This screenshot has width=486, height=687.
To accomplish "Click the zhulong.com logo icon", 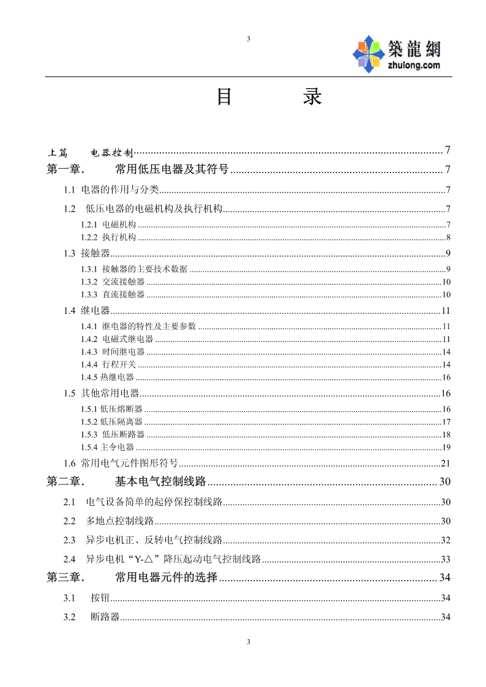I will click(369, 54).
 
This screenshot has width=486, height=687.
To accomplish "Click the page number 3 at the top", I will click(248, 39).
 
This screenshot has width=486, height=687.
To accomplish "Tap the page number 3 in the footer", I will click(248, 642).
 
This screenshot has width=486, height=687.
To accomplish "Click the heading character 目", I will click(225, 97).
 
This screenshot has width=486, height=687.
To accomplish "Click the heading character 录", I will click(312, 97).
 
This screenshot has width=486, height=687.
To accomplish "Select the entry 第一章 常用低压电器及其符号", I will click(138, 169).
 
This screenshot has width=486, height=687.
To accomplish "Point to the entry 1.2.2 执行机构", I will click(109, 237).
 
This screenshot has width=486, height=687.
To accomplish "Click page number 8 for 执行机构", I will click(449, 237).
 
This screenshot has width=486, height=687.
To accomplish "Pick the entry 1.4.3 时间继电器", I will click(113, 352).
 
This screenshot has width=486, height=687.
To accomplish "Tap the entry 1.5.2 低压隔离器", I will click(112, 421).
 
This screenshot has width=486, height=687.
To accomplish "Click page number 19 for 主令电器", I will click(447, 447).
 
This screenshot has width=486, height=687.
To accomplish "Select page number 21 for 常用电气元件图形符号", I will click(446, 463).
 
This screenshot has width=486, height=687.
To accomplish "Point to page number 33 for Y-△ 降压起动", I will click(446, 559).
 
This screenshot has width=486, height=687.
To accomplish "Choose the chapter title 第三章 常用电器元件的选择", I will click(132, 577).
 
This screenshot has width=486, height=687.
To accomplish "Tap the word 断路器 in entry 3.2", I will click(105, 617).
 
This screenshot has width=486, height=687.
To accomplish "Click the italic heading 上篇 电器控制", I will click(90, 152).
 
